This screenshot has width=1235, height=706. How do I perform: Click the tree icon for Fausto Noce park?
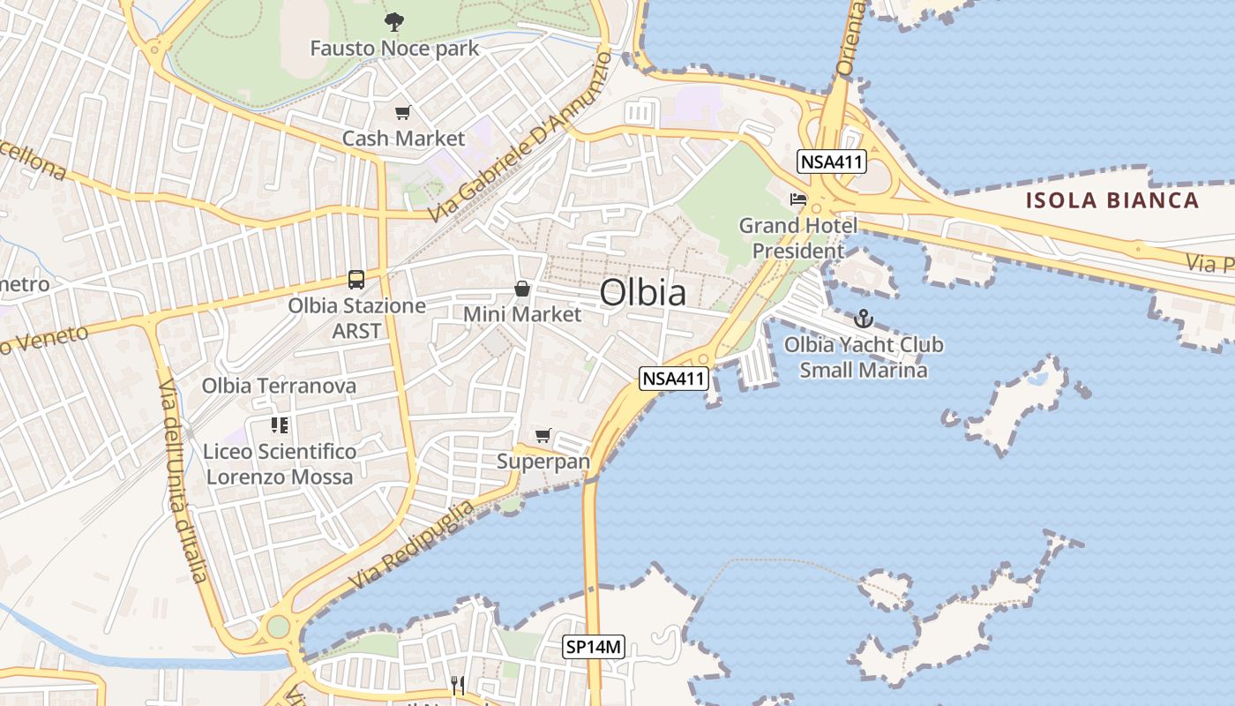tap(394, 21)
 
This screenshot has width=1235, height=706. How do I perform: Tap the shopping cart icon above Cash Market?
tap(403, 112)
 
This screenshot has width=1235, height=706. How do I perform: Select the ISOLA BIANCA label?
tap(1112, 200)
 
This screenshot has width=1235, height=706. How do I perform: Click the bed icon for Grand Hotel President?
tap(798, 199)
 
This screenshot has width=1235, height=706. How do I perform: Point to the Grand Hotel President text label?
tap(797, 238)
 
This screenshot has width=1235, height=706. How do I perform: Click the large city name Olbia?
tap(643, 293)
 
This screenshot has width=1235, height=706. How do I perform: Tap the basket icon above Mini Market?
tap(522, 289)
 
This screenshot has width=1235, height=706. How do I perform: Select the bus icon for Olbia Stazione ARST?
tap(356, 280)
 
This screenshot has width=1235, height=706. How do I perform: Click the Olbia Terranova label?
tap(279, 386)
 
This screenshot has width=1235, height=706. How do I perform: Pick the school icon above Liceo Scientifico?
tap(280, 425)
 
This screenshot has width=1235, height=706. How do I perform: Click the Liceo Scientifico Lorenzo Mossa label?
tap(279, 464)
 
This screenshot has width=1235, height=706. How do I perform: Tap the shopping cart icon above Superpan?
tap(543, 435)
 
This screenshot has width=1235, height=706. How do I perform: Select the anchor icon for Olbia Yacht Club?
tap(864, 319)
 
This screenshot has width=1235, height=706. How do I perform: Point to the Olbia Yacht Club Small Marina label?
tap(864, 357)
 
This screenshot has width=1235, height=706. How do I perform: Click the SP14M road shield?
tap(594, 647)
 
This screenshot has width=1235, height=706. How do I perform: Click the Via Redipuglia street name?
tap(412, 546)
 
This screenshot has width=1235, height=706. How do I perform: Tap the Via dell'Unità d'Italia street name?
tap(183, 481)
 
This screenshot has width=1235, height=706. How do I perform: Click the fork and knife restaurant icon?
tap(458, 685)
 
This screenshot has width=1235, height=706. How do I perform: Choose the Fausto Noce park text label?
tap(394, 48)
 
